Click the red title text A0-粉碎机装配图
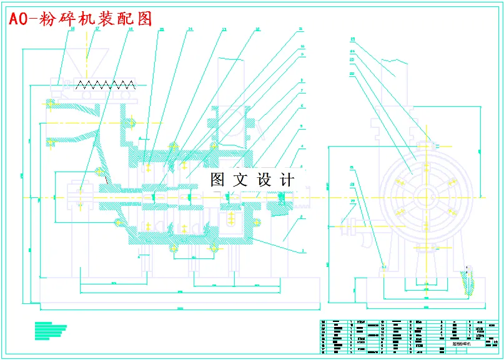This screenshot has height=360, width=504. pos(79,19)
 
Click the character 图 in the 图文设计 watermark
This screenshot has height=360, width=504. pos(217,180)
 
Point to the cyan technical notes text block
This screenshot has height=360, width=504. pos(51,329)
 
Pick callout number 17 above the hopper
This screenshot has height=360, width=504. pos(97,29)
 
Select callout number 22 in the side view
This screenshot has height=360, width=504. pos(352,73)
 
